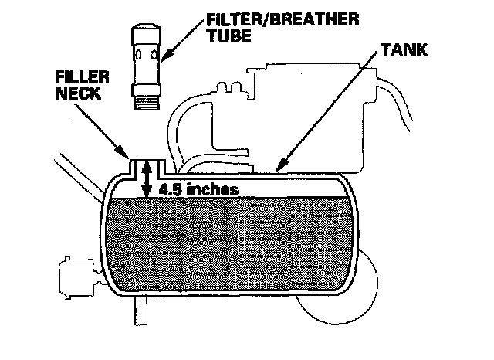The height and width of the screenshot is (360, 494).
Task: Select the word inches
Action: click(x=209, y=188)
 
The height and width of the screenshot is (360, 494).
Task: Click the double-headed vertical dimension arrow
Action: click(x=145, y=182)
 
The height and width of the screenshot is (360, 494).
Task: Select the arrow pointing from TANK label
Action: click(x=324, y=116)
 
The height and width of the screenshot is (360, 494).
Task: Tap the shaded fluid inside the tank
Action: click(x=232, y=247)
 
